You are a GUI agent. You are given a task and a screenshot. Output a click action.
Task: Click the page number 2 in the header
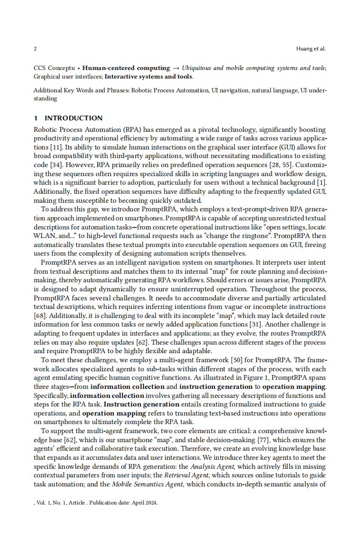point(35,49)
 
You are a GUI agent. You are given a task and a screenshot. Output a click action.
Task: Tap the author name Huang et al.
point(311,49)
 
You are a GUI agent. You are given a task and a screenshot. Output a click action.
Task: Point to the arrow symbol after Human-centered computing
point(175,68)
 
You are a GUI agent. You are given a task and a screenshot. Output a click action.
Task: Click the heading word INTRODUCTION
point(73,118)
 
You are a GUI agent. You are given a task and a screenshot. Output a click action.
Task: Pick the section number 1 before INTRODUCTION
point(36,118)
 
